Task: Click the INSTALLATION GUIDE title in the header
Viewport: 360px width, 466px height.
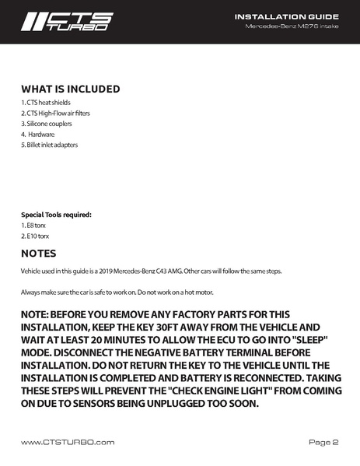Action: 286,16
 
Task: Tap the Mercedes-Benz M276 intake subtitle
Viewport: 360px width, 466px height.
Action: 292,27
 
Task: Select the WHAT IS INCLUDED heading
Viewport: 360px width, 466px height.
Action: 70,89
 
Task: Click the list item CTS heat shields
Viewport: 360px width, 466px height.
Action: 45,103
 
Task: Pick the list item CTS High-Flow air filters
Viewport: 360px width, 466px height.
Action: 55,114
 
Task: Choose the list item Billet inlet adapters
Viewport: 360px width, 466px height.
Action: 49,145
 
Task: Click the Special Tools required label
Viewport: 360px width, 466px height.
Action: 56,214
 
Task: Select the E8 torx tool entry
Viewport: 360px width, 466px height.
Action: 33,225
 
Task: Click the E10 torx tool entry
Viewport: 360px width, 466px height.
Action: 35,236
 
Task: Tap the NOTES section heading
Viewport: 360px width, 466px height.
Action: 38,254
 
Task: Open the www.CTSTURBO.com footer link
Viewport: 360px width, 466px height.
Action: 68,442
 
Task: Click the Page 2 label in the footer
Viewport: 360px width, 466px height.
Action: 323,442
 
